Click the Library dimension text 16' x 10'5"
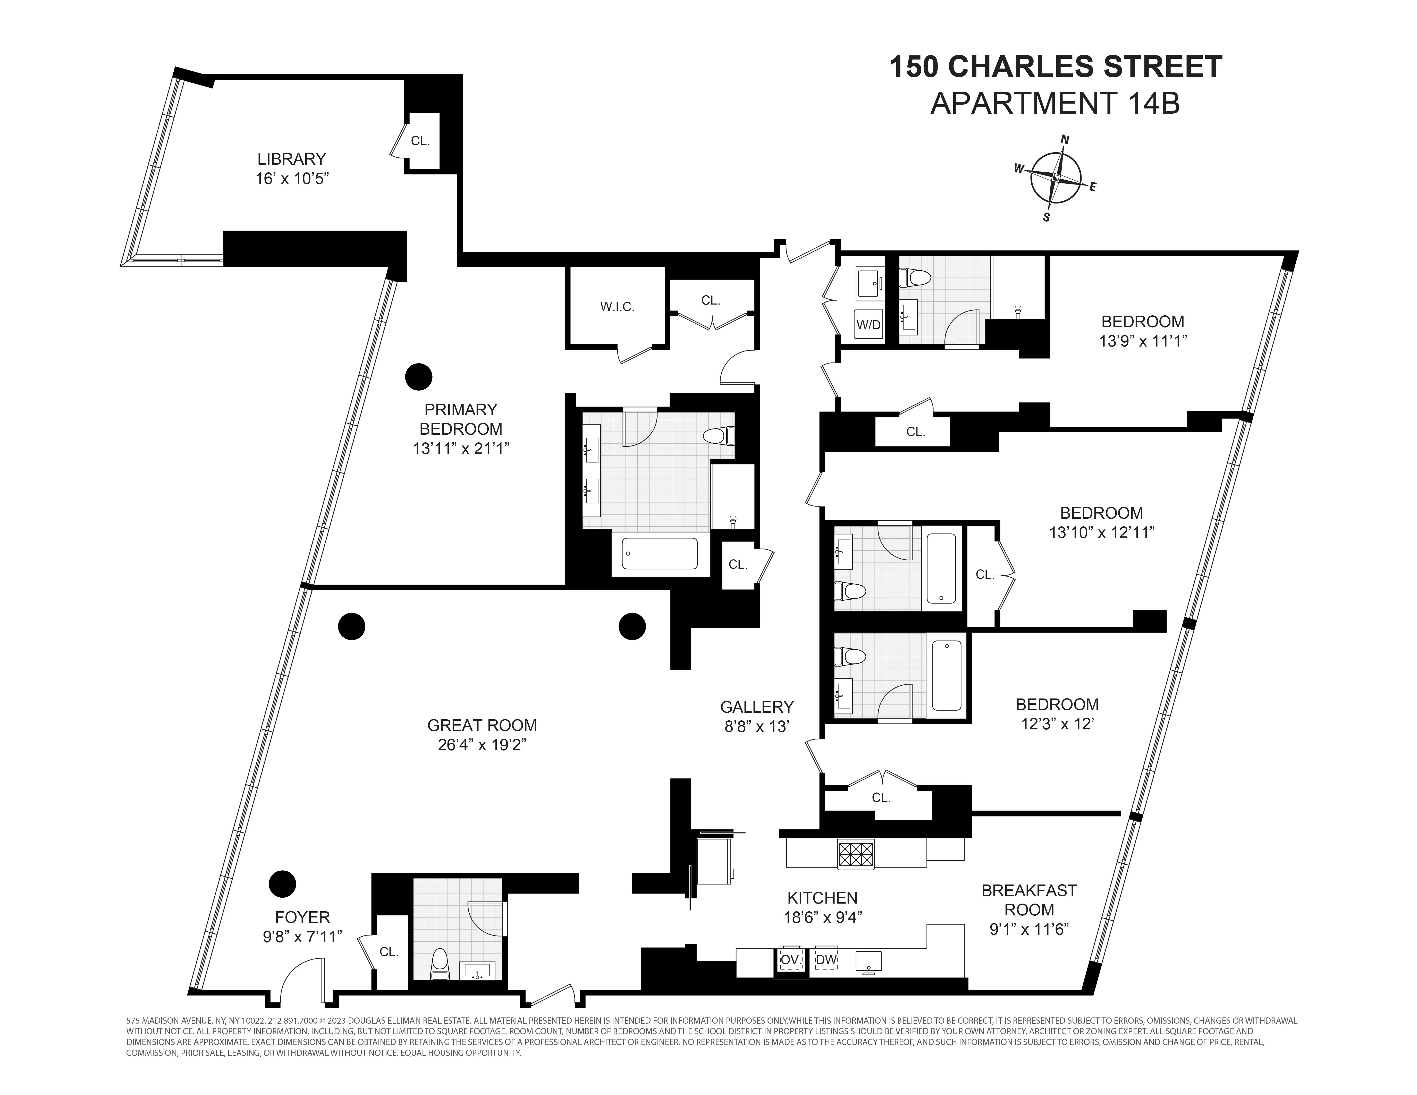click(x=292, y=178)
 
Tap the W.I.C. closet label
click(x=617, y=307)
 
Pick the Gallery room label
click(x=756, y=706)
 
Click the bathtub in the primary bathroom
click(x=660, y=553)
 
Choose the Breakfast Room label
click(x=1029, y=900)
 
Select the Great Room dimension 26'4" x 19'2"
click(x=482, y=745)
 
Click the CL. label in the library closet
click(x=420, y=141)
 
